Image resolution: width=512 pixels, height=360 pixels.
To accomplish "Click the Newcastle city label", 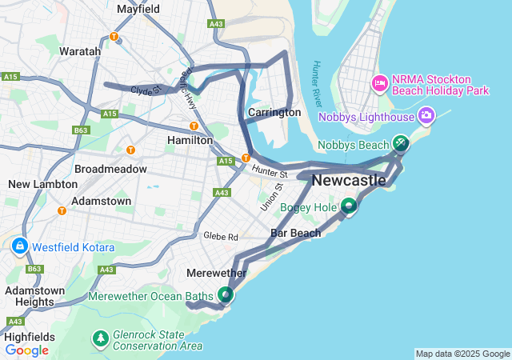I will pos(348,181).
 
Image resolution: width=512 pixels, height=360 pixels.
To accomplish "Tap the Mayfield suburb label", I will pos(138,10).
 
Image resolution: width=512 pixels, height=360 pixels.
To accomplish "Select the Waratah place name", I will pos(80,51).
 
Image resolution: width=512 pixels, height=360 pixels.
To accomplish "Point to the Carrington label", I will pos(274,113).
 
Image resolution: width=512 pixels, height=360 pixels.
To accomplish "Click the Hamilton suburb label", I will pos(190,140).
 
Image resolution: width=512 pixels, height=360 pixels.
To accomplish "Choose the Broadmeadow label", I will pos(110,170).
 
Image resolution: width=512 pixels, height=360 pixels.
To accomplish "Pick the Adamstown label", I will pos(101,201).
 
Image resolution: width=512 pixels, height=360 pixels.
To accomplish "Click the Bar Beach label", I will pos(295,234).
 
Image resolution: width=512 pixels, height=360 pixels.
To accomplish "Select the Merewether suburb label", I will pos(216,273).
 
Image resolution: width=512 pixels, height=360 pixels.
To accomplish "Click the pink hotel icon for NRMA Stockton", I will pos(379,82).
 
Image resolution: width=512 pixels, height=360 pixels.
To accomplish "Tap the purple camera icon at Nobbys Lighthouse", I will pos(426,117).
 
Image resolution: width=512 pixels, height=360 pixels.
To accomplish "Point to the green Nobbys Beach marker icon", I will pos(400,144).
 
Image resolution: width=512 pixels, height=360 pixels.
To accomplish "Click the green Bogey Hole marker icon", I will pos(349,207).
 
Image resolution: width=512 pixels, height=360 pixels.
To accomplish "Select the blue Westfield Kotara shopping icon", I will pos(19,246).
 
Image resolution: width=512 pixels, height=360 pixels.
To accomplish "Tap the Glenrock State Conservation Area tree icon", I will pos(101,339).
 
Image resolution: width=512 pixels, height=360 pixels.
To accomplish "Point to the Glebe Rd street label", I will pos(221,237).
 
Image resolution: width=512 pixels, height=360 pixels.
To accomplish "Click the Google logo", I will pos(26,350).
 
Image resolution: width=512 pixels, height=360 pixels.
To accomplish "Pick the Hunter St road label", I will pos(269,171).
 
